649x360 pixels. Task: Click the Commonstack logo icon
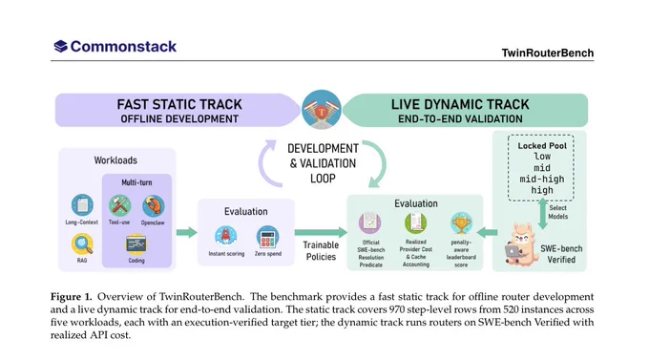click(60, 46)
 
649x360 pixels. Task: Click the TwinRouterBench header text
click(548, 53)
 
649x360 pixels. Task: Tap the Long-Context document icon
click(82, 204)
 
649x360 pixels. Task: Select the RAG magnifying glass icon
click(82, 244)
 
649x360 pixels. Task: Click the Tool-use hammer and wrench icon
click(119, 205)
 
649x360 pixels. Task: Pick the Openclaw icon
click(153, 205)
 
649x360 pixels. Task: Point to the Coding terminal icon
click(136, 244)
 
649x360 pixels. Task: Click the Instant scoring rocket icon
click(225, 236)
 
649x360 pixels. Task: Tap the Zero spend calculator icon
click(267, 237)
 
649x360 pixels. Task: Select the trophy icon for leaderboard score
click(461, 223)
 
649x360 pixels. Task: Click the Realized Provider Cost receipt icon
click(415, 222)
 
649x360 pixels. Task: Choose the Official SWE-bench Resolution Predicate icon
click(370, 222)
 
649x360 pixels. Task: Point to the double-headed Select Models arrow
click(542, 213)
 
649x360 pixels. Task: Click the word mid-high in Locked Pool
click(542, 180)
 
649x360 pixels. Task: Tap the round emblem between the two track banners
click(322, 110)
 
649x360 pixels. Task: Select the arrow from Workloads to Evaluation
click(187, 232)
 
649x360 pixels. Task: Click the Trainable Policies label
click(321, 250)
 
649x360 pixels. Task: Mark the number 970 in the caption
click(398, 309)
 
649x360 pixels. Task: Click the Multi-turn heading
click(136, 182)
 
